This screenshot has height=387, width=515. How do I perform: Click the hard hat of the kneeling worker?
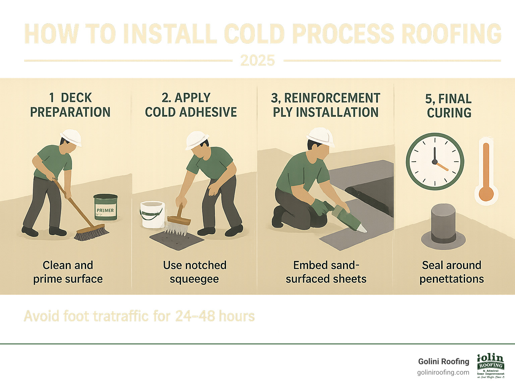click(321, 135)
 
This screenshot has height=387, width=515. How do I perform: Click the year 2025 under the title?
click(257, 61)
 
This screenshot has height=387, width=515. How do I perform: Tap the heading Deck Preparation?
click(70, 105)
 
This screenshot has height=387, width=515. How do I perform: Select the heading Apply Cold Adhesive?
click(191, 105)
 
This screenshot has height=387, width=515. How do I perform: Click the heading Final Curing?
click(449, 106)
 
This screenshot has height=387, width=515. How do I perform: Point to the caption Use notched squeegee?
click(194, 272)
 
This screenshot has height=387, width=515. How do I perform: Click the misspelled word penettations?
click(451, 279)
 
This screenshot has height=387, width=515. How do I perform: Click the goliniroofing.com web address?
click(443, 373)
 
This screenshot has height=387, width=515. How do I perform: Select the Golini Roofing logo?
click(491, 366)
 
